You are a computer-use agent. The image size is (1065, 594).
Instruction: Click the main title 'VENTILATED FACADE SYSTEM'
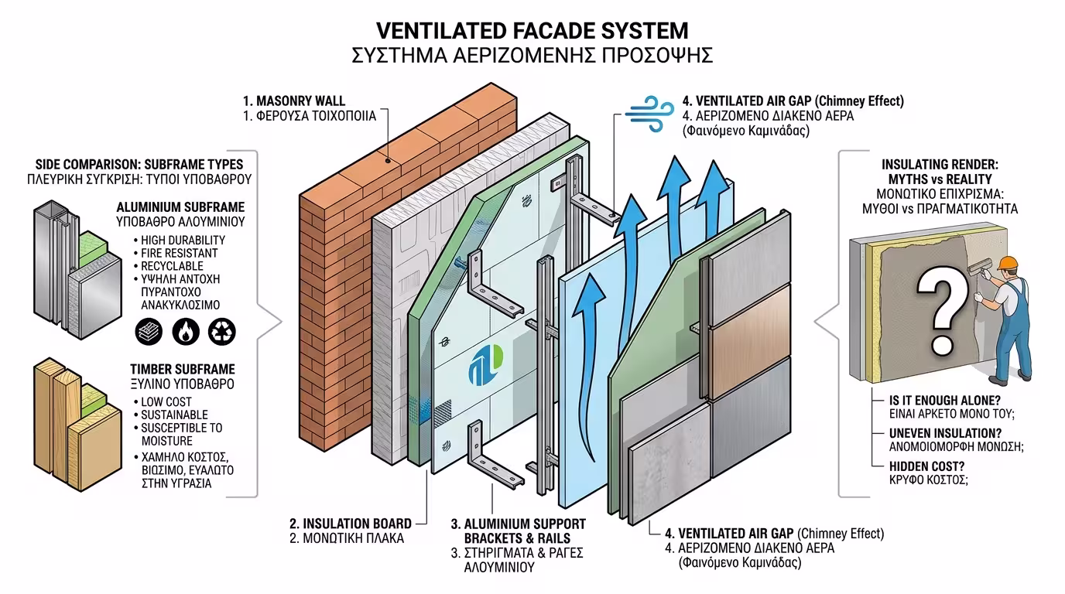tap(532, 31)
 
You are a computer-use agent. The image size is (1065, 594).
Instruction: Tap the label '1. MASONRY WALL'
tap(294, 101)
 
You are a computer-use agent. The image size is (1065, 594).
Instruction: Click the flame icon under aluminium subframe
tap(186, 331)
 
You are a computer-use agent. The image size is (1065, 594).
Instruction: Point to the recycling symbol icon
tap(222, 331)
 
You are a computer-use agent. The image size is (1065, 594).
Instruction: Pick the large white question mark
tap(940, 305)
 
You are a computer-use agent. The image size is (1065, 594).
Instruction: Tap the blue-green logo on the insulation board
tap(486, 364)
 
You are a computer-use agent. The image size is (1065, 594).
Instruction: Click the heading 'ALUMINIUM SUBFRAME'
tap(180, 207)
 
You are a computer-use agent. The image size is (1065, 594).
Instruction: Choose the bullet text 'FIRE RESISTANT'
tap(180, 253)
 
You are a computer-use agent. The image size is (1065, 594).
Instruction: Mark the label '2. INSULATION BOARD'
tap(350, 524)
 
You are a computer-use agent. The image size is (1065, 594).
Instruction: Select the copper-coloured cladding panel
tap(750, 341)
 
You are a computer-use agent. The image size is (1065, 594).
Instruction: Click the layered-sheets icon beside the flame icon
tap(149, 331)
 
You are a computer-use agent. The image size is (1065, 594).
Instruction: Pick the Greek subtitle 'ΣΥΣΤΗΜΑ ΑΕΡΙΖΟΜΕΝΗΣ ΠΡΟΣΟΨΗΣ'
tap(532, 56)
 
